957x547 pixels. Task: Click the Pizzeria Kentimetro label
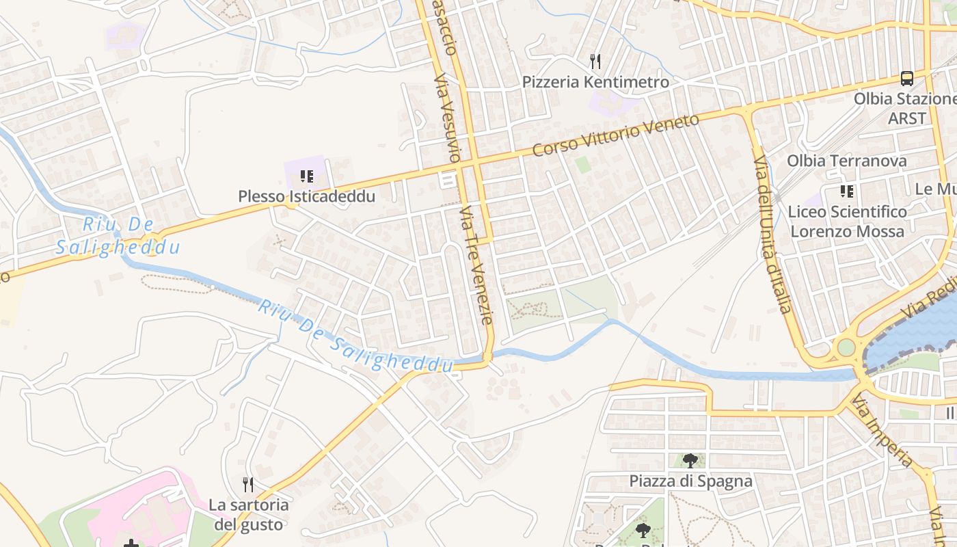[x=595, y=83]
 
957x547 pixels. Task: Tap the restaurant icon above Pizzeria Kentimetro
[x=595, y=62]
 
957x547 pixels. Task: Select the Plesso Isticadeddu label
[x=307, y=197]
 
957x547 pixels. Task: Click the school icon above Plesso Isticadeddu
[x=307, y=177]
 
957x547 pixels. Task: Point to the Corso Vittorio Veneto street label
[x=616, y=135]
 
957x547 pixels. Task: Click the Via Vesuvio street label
[x=448, y=116]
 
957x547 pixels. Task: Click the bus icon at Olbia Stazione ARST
[x=907, y=79]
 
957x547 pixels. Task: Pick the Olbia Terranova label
[x=847, y=161]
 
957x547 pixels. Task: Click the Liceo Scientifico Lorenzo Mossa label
[x=847, y=222]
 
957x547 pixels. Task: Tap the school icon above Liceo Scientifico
[x=847, y=191]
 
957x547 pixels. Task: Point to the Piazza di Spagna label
[x=690, y=481]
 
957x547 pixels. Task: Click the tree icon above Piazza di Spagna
[x=690, y=460]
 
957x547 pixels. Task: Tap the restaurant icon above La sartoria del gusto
[x=248, y=485]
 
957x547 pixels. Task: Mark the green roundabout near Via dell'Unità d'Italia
[x=846, y=347]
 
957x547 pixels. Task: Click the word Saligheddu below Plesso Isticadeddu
[x=118, y=248]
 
